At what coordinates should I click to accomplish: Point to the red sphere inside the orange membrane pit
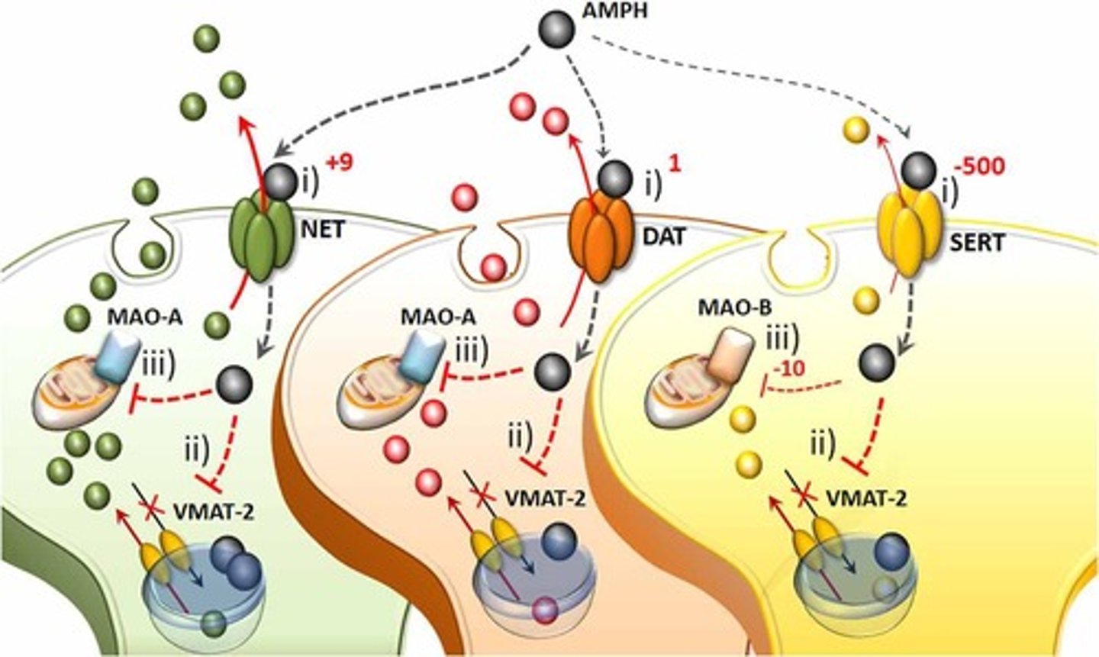493,268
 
